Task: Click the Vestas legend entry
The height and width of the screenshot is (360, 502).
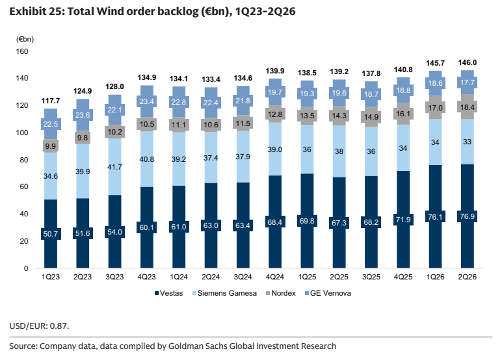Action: tap(168, 293)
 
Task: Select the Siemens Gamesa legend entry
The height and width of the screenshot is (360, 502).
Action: tap(224, 293)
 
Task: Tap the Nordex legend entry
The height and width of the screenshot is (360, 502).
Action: tap(281, 293)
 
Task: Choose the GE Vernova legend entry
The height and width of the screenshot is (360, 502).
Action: tap(328, 293)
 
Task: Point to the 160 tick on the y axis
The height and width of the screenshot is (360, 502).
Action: tap(22, 51)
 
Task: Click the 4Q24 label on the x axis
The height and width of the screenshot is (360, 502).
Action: tap(274, 277)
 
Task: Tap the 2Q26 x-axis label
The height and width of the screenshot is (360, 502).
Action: tap(467, 277)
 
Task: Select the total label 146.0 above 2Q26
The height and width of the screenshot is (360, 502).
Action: tap(467, 62)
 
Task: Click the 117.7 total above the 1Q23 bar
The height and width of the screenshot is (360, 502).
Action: tap(51, 101)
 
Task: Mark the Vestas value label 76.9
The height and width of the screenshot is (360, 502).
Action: tap(467, 216)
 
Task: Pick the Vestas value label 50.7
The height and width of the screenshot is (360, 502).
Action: tap(51, 234)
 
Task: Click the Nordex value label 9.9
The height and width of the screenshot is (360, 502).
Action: tap(51, 146)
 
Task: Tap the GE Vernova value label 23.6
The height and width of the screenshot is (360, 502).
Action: tap(83, 115)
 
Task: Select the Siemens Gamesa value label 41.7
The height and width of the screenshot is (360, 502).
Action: tap(114, 167)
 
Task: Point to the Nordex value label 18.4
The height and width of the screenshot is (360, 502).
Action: tap(467, 107)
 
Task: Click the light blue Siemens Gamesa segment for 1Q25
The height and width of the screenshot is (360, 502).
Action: tap(307, 149)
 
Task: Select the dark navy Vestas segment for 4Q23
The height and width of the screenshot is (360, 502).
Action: tap(147, 227)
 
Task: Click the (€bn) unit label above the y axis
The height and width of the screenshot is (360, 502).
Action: tap(25, 39)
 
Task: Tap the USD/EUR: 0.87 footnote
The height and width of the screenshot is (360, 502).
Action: tap(39, 326)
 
